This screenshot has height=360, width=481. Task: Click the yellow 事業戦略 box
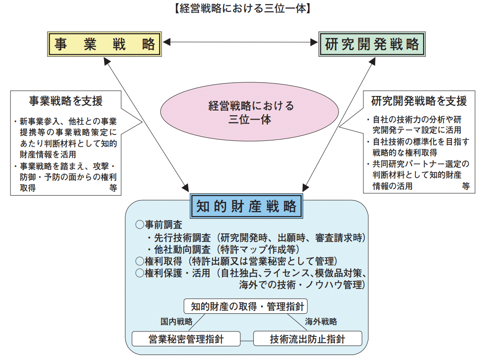(x=105, y=44)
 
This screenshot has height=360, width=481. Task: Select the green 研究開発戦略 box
(x=372, y=44)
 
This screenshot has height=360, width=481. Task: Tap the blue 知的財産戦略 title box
(x=246, y=206)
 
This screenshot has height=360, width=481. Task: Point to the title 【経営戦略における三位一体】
(x=240, y=9)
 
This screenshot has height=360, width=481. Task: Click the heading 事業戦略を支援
(x=66, y=101)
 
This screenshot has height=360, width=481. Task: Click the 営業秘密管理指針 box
(x=186, y=338)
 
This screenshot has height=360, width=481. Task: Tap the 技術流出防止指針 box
(x=308, y=338)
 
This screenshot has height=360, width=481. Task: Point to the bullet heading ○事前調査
(x=158, y=225)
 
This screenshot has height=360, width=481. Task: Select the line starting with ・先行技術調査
(x=256, y=237)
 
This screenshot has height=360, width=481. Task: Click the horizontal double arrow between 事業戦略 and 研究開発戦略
(x=240, y=42)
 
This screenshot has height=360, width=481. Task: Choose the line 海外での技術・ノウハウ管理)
(x=302, y=285)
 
